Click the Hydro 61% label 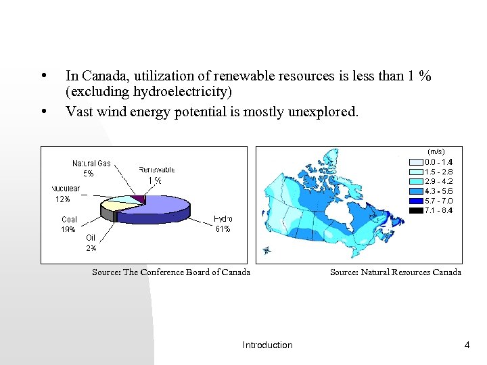click(x=223, y=224)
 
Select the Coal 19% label click(x=69, y=224)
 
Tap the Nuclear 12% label click(x=65, y=194)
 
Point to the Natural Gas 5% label click(x=91, y=168)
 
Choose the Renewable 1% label click(x=156, y=175)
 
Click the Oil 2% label click(x=91, y=243)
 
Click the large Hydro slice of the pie click(x=159, y=208)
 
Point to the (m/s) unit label click(x=436, y=151)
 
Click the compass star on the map click(x=267, y=251)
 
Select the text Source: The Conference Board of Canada click(x=171, y=272)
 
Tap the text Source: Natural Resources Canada click(x=395, y=272)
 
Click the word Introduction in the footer click(x=267, y=345)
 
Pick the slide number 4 click(x=467, y=345)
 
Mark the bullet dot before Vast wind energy click(x=43, y=111)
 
